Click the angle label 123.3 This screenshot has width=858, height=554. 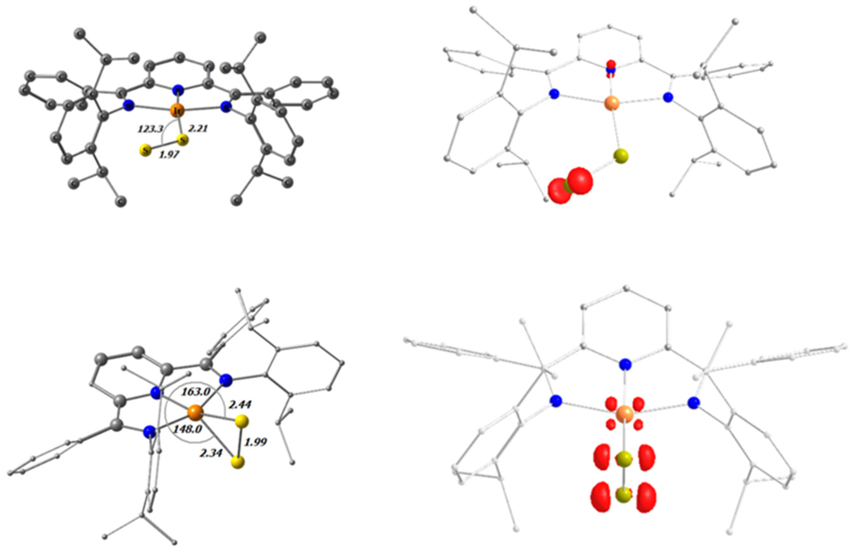pyautogui.click(x=150, y=128)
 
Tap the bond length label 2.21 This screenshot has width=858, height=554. pyautogui.click(x=198, y=128)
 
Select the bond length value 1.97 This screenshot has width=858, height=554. pyautogui.click(x=168, y=155)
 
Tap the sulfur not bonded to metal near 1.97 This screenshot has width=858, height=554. pyautogui.click(x=146, y=150)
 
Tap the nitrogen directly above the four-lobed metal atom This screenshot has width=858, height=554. pyautogui.click(x=625, y=365)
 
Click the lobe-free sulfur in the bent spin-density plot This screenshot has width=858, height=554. pyautogui.click(x=621, y=156)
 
